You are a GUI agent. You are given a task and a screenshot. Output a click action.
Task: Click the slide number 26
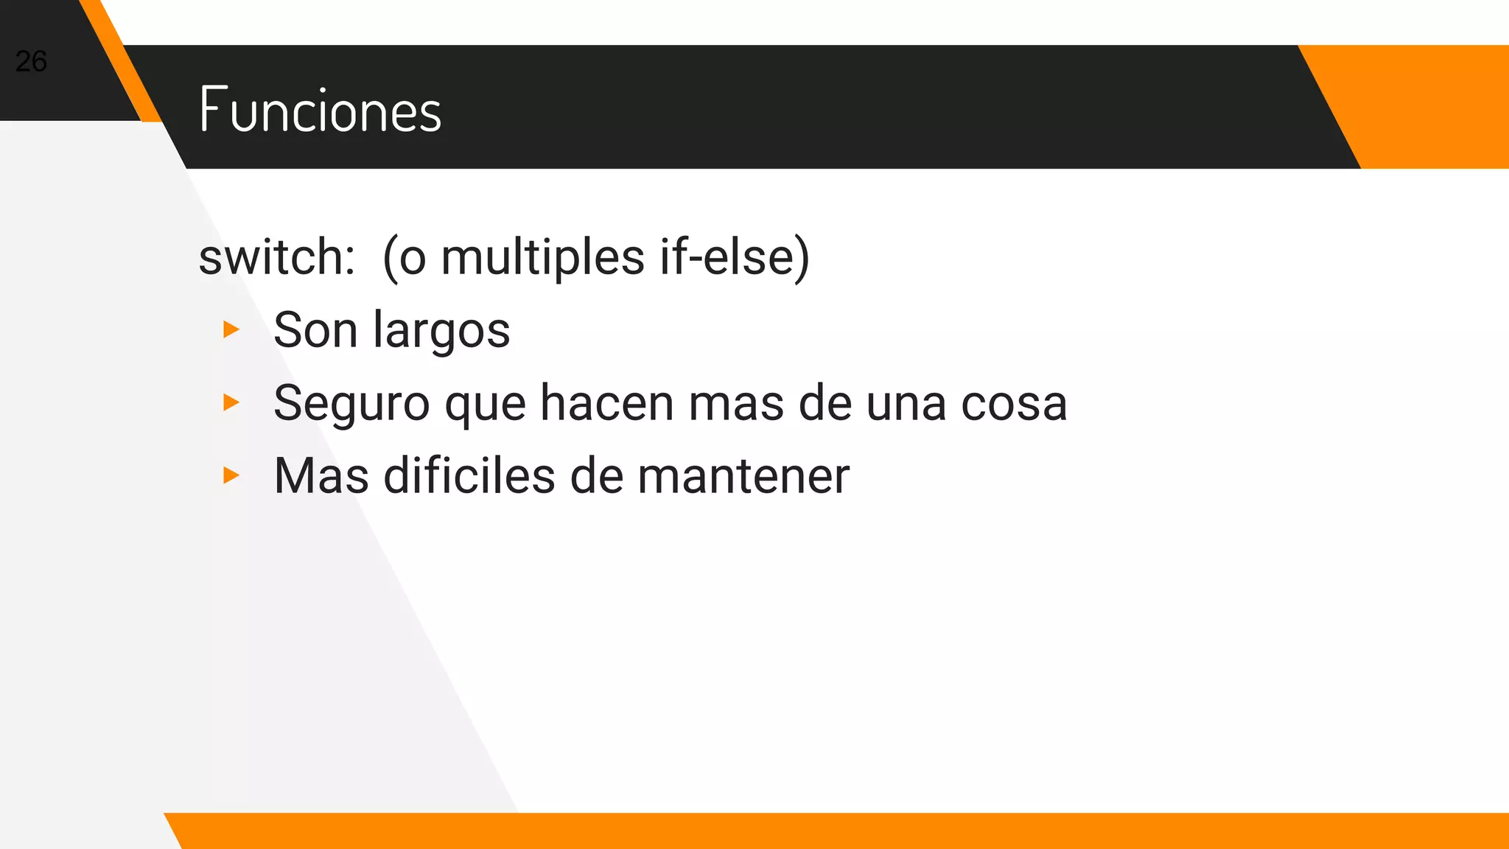point(31,61)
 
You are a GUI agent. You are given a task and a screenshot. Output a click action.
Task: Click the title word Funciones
point(321,110)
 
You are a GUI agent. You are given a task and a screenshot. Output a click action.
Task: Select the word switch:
point(277,257)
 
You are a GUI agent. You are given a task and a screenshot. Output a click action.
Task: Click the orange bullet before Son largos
point(231,329)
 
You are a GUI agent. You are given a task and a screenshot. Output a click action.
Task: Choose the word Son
point(315,329)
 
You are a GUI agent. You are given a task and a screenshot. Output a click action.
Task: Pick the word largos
point(441,331)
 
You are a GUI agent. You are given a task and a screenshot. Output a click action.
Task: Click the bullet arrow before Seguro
point(231,402)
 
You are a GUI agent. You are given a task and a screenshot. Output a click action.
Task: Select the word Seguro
point(351,404)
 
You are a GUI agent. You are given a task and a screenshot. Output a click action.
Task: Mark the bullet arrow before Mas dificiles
point(231,475)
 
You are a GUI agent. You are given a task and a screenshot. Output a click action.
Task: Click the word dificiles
point(469,475)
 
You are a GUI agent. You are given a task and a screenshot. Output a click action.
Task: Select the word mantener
point(743,476)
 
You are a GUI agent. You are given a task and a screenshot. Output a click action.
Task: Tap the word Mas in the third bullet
point(321,475)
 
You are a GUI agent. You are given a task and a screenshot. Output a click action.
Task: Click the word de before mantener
point(596,475)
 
